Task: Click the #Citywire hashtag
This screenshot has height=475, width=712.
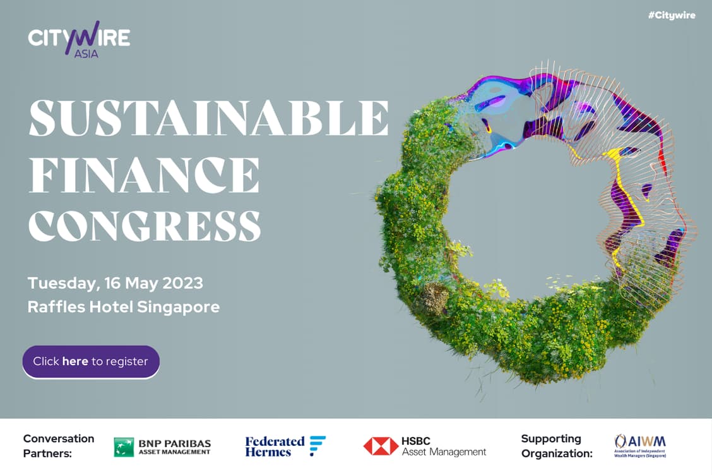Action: point(672,15)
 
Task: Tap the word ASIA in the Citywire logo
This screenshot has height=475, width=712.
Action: point(86,54)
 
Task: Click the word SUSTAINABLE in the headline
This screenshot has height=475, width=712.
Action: point(209,117)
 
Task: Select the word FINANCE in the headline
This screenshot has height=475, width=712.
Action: point(144,175)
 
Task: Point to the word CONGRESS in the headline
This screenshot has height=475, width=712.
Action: point(145,226)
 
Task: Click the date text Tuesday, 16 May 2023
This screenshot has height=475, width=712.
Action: point(116,283)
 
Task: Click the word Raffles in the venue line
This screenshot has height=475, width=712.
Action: point(56,307)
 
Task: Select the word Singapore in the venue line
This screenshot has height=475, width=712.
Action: point(178,308)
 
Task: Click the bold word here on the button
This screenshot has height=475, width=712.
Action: point(75,361)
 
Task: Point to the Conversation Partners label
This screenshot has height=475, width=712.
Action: point(59,446)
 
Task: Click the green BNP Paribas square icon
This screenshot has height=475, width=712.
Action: point(124,447)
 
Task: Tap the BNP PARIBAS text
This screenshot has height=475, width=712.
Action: point(175,443)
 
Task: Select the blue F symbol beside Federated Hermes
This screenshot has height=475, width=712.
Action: point(317,445)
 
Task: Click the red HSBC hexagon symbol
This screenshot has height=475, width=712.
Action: point(381,447)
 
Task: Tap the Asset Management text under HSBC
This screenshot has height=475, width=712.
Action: point(444,452)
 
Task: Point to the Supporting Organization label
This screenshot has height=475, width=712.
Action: point(557,446)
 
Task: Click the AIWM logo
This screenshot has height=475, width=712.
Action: point(640,446)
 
